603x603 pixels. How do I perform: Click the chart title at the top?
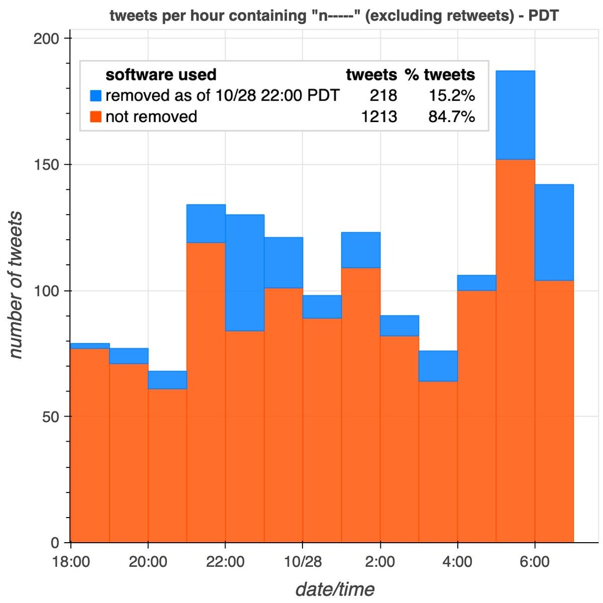(x=334, y=16)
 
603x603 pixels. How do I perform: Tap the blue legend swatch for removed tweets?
(x=95, y=95)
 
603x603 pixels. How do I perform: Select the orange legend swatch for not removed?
(x=95, y=117)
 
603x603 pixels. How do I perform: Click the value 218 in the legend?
(x=383, y=95)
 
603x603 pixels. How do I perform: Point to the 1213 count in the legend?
(x=379, y=117)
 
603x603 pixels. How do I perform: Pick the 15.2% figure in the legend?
(x=451, y=95)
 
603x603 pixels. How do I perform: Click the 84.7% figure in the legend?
(x=451, y=117)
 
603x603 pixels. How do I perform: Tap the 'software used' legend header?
(x=161, y=75)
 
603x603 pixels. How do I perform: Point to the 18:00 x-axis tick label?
(x=71, y=561)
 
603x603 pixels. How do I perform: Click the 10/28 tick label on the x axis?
(x=303, y=561)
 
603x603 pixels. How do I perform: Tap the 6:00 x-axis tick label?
(x=535, y=561)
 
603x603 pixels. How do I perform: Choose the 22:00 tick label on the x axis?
(x=226, y=561)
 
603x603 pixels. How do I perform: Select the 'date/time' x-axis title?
(x=335, y=589)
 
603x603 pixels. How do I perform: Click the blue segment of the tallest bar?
(x=515, y=115)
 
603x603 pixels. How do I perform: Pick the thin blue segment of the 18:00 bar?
(x=90, y=346)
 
